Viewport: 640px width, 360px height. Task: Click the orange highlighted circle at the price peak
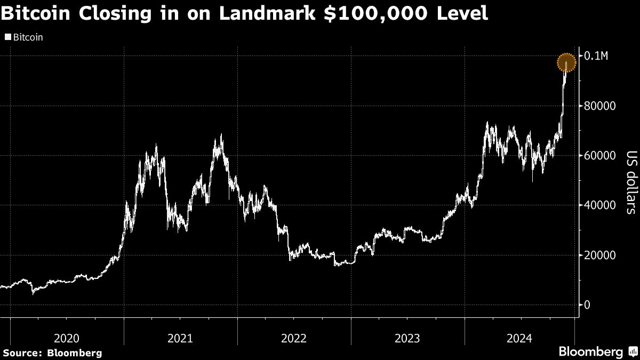pyautogui.click(x=566, y=63)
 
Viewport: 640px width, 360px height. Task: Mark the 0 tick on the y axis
pyautogui.click(x=587, y=305)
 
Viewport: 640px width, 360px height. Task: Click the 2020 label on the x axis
pyautogui.click(x=67, y=338)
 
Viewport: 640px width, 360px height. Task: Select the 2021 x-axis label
pyautogui.click(x=180, y=338)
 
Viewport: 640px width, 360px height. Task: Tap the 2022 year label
pyautogui.click(x=294, y=338)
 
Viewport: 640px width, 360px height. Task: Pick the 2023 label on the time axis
pyautogui.click(x=407, y=338)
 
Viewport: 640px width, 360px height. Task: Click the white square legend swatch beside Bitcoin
pyautogui.click(x=7, y=38)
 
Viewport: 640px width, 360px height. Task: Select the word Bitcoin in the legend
pyautogui.click(x=27, y=38)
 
